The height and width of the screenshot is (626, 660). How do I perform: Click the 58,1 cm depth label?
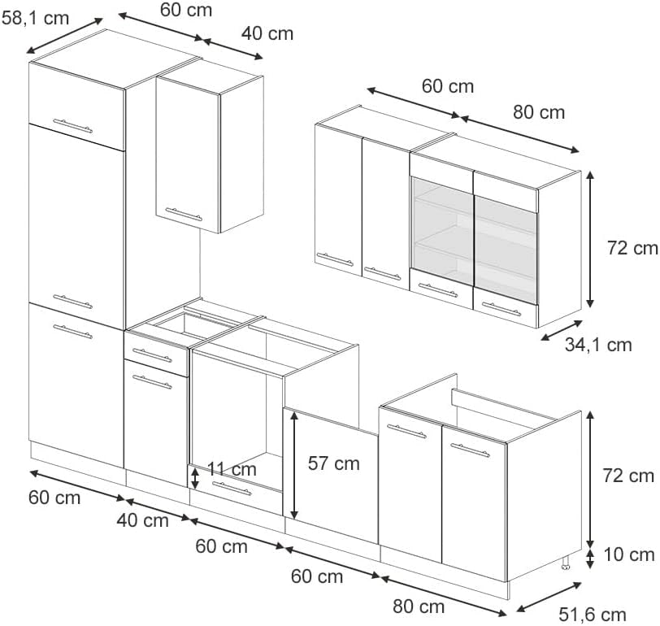click(36, 19)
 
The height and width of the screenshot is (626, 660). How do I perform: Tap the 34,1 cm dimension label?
click(598, 346)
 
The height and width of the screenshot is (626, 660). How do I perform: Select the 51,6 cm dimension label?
click(593, 615)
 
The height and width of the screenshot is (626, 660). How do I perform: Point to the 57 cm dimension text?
click(334, 463)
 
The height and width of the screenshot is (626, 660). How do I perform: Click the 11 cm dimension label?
click(232, 469)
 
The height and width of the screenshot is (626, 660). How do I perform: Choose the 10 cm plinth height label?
click(629, 554)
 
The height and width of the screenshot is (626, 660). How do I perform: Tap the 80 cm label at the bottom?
click(419, 606)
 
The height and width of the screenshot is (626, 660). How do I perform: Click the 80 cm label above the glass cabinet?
click(539, 112)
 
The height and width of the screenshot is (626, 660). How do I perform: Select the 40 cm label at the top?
click(267, 33)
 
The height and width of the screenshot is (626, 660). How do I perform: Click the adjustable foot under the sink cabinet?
click(565, 563)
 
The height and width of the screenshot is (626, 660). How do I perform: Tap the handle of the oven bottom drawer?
click(232, 489)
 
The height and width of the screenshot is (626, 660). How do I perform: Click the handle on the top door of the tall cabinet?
click(72, 126)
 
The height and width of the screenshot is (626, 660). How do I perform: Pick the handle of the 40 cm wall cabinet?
click(184, 215)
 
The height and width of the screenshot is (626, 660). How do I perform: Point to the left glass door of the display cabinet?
click(442, 231)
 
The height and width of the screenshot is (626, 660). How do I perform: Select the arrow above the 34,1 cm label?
click(562, 330)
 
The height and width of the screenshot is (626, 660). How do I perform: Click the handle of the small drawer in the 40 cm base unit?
click(152, 355)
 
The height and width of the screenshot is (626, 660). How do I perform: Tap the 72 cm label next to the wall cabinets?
click(632, 248)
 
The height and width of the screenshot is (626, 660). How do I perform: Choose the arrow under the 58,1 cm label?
click(64, 36)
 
